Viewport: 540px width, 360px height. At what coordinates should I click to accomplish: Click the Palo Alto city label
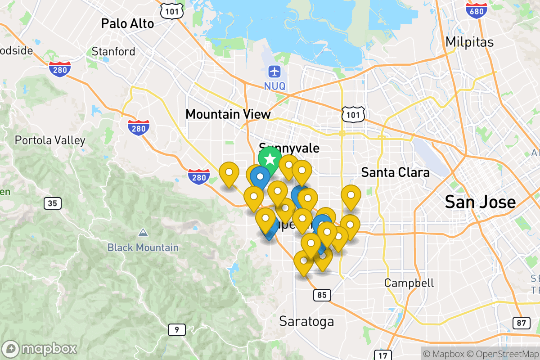coord(127,23)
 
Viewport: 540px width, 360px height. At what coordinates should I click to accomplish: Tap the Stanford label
coord(113,51)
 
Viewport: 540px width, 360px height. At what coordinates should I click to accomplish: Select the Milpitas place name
coord(469,42)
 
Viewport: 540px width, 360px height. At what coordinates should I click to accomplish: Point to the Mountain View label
coord(228,114)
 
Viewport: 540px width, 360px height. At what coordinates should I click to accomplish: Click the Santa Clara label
coord(395,172)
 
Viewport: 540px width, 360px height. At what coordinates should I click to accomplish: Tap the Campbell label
coord(409,283)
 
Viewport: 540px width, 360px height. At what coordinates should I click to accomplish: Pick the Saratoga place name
coord(306,321)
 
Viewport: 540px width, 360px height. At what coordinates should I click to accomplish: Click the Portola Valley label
coord(50,140)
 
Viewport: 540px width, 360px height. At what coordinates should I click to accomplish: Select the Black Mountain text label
coord(143,247)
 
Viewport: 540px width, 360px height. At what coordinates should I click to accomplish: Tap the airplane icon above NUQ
coord(274,71)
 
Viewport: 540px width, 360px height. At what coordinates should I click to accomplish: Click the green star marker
coord(270,160)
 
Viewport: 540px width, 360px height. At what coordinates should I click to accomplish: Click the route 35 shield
coord(53,203)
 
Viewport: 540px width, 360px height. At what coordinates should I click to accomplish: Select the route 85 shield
coord(322,295)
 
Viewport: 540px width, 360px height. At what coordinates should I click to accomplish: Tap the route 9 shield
coord(177,330)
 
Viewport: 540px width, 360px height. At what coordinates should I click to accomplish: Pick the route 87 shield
coord(521,323)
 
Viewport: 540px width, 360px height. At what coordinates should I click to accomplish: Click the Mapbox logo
coord(40,349)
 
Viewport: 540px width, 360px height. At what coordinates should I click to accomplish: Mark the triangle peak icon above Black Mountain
coord(143,233)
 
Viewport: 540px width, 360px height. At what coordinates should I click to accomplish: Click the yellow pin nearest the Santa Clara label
coord(351,195)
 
